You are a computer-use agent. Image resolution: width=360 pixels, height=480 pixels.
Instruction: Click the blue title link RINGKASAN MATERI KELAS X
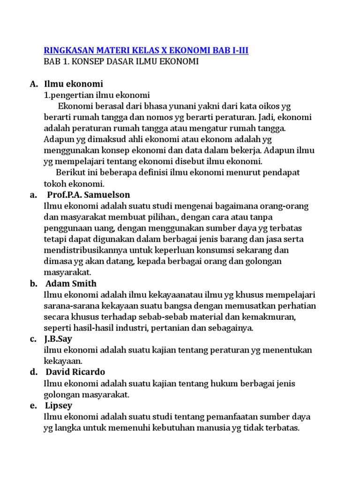[x=146, y=50]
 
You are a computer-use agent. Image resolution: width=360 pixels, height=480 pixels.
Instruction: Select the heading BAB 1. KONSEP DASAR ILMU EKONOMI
[x=121, y=62]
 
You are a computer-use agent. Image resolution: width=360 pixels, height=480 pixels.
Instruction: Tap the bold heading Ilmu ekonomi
[x=73, y=84]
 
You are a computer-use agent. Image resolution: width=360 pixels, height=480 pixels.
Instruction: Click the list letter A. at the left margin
[x=33, y=84]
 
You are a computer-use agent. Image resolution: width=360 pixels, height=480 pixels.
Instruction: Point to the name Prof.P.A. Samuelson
[x=89, y=195]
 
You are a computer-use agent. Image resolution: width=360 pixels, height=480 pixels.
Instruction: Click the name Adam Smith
[x=71, y=283]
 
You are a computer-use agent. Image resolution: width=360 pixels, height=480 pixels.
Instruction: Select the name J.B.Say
[x=59, y=339]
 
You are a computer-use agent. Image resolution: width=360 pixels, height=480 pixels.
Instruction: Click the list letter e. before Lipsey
[x=33, y=405]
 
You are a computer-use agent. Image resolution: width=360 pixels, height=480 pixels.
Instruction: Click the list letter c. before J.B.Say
[x=33, y=339]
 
